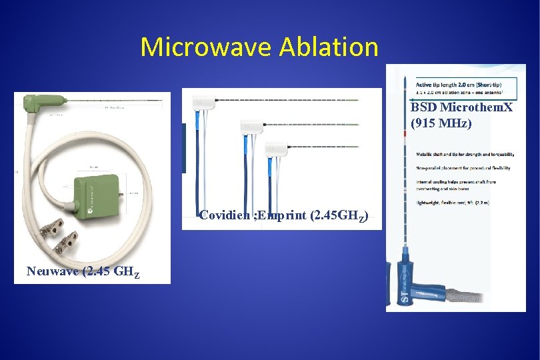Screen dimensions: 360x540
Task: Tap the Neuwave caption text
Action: (83, 271)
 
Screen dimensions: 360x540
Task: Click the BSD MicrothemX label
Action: (461, 107)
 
